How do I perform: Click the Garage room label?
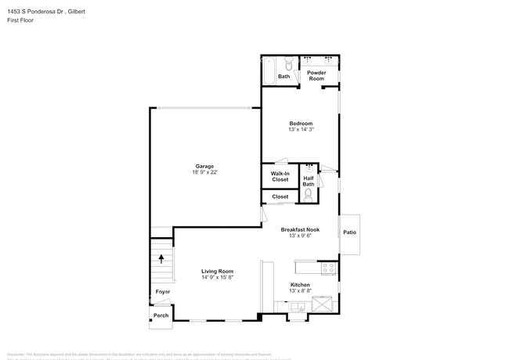point(204,166)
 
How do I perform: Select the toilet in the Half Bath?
point(309,194)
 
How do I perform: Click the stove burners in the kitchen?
point(330,268)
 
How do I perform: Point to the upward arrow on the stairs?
point(161,258)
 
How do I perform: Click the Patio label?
point(349,232)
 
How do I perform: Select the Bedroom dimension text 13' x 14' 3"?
point(301,130)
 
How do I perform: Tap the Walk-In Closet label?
point(280,177)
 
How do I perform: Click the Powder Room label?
point(316,76)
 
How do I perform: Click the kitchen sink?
point(298,308)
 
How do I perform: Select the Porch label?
point(161,315)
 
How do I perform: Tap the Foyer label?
point(162,292)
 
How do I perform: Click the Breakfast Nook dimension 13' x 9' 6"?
point(300,236)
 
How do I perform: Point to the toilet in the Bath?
point(288,64)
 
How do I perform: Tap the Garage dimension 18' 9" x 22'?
point(204,173)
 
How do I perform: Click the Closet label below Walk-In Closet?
point(280,196)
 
